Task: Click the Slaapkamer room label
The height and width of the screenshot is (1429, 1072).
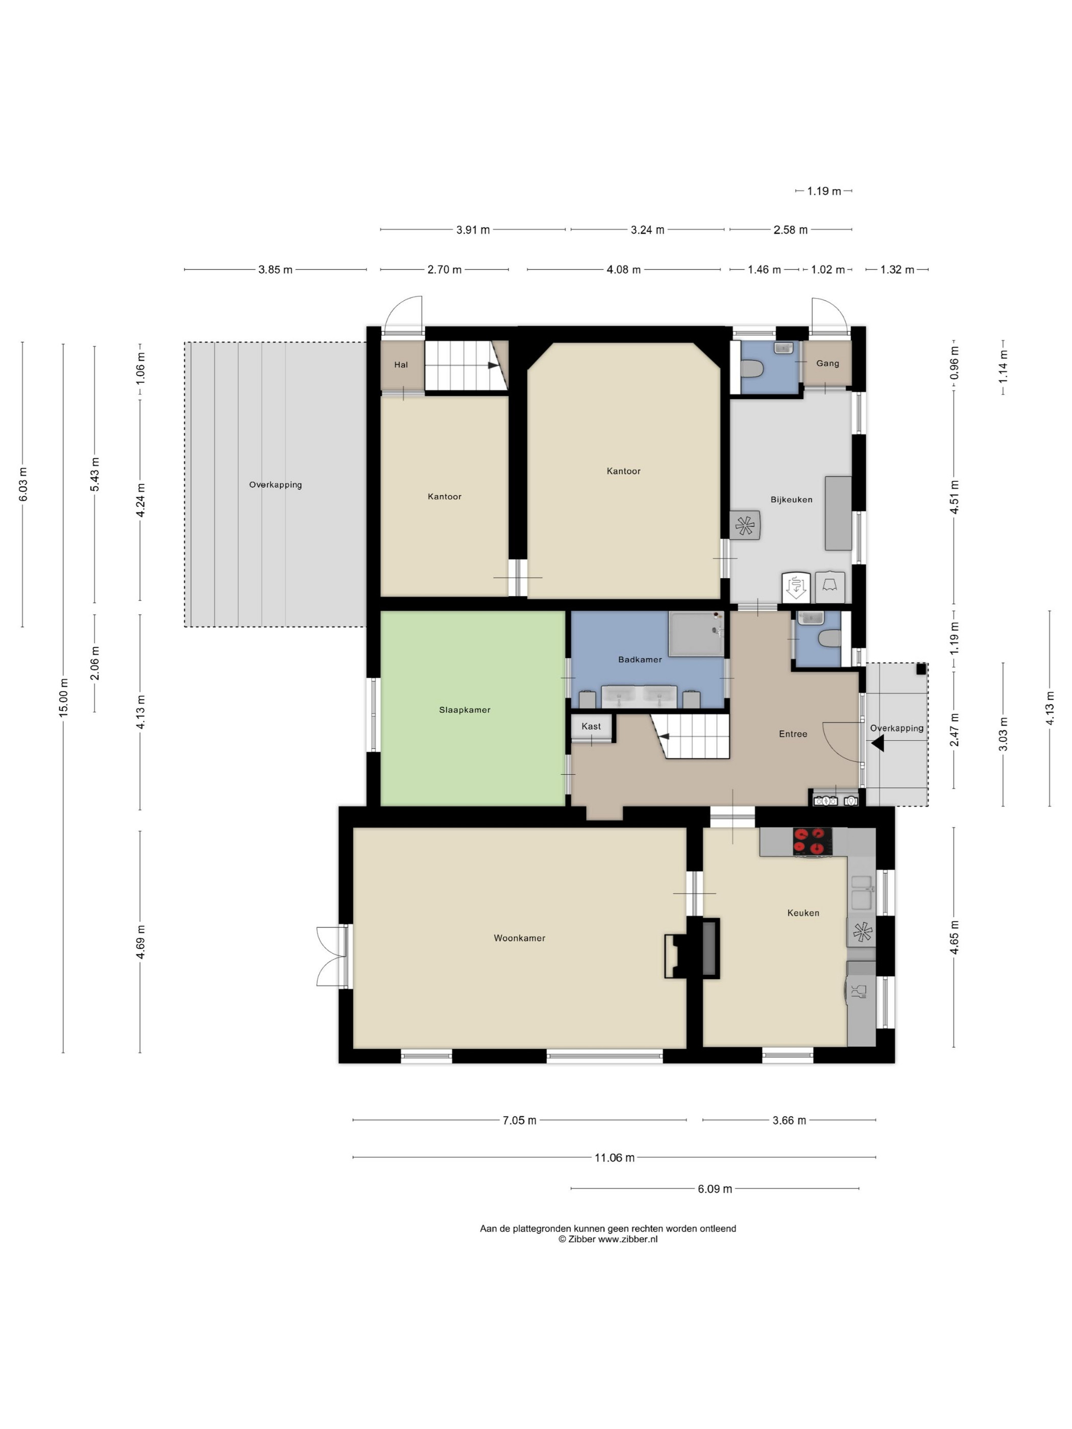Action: (x=465, y=710)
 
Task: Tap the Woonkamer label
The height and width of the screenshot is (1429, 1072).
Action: (x=520, y=938)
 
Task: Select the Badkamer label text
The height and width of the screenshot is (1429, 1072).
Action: (x=640, y=659)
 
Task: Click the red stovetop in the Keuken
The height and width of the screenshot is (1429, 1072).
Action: (x=812, y=842)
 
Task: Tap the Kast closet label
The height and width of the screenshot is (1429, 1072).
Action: (x=591, y=726)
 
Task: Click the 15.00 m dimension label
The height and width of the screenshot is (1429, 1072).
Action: (x=63, y=697)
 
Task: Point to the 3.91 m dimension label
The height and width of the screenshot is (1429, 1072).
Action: (x=473, y=229)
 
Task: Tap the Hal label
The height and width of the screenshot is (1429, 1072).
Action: (x=401, y=365)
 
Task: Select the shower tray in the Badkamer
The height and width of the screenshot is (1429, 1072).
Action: (x=696, y=634)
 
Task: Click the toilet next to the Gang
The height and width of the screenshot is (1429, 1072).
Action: (x=753, y=369)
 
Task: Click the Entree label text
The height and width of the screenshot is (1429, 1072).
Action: (x=793, y=734)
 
